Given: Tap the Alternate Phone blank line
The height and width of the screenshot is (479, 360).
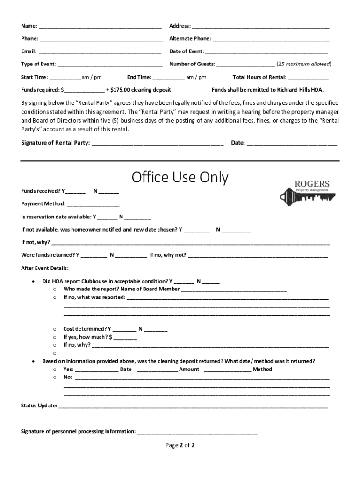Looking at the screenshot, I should tap(271, 39).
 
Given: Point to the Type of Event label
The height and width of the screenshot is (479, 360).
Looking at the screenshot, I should tap(38, 64).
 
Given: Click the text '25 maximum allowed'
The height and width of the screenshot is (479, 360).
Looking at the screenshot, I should tap(304, 64).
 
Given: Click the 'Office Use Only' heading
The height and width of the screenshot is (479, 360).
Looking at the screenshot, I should tap(180, 177).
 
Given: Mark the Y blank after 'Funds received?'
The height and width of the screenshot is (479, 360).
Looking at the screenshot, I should tap(76, 192).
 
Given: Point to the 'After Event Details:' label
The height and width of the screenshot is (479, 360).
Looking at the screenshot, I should tap(45, 269).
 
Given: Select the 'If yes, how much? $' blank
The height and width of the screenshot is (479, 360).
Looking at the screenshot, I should tap(125, 338).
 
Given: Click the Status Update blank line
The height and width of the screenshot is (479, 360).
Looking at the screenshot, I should tap(193, 406).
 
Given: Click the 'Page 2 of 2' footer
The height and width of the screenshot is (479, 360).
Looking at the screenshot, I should tap(180, 445).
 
